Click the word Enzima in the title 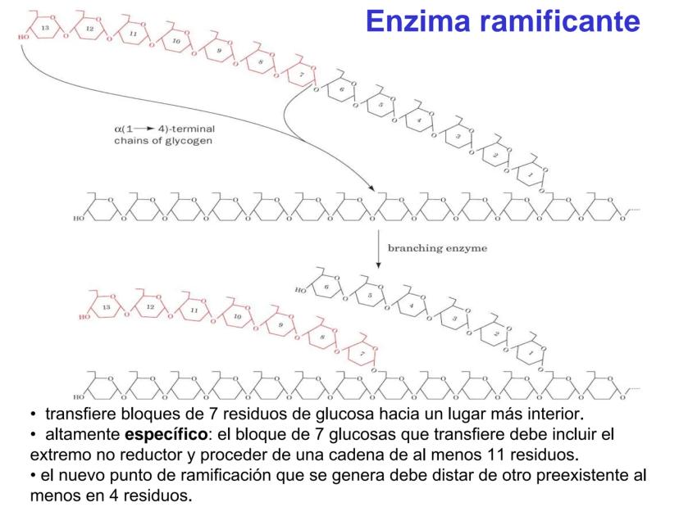pyautogui.click(x=417, y=21)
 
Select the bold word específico pyautogui.click(x=166, y=435)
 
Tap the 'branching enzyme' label pyautogui.click(x=437, y=248)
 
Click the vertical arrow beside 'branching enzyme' pyautogui.click(x=379, y=249)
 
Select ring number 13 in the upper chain pyautogui.click(x=45, y=28)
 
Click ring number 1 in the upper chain pyautogui.click(x=531, y=174)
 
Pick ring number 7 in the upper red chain pyautogui.click(x=301, y=75)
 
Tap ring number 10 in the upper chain pyautogui.click(x=175, y=41)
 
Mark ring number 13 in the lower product pyautogui.click(x=106, y=307)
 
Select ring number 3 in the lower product pyautogui.click(x=454, y=319)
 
